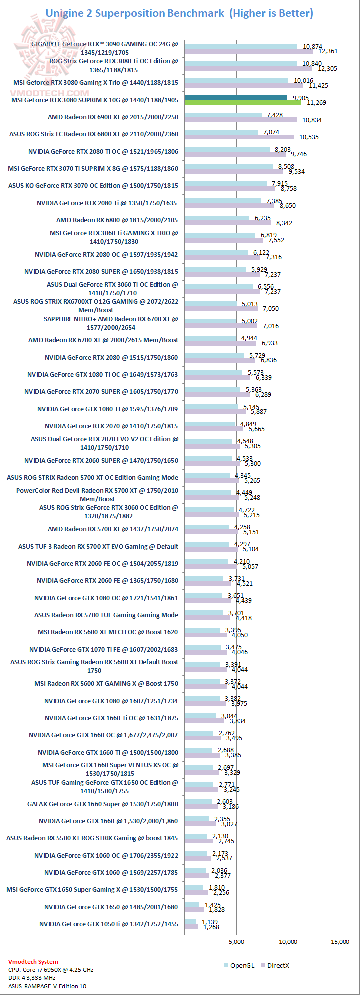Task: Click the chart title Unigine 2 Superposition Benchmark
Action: [135, 13]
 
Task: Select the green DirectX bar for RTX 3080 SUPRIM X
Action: [243, 103]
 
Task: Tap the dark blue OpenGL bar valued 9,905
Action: [236, 98]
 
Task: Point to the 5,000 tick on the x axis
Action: [236, 942]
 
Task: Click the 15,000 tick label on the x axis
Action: [340, 942]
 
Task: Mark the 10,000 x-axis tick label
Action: [288, 942]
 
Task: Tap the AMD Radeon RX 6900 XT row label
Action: [113, 117]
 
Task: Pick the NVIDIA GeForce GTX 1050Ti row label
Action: [108, 924]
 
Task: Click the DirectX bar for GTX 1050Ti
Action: [191, 927]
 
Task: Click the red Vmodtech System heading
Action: [33, 962]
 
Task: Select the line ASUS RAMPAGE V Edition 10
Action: [47, 986]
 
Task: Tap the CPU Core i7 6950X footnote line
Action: [51, 970]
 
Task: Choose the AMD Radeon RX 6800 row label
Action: [117, 220]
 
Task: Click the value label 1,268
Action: [210, 927]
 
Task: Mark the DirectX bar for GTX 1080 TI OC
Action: [217, 377]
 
